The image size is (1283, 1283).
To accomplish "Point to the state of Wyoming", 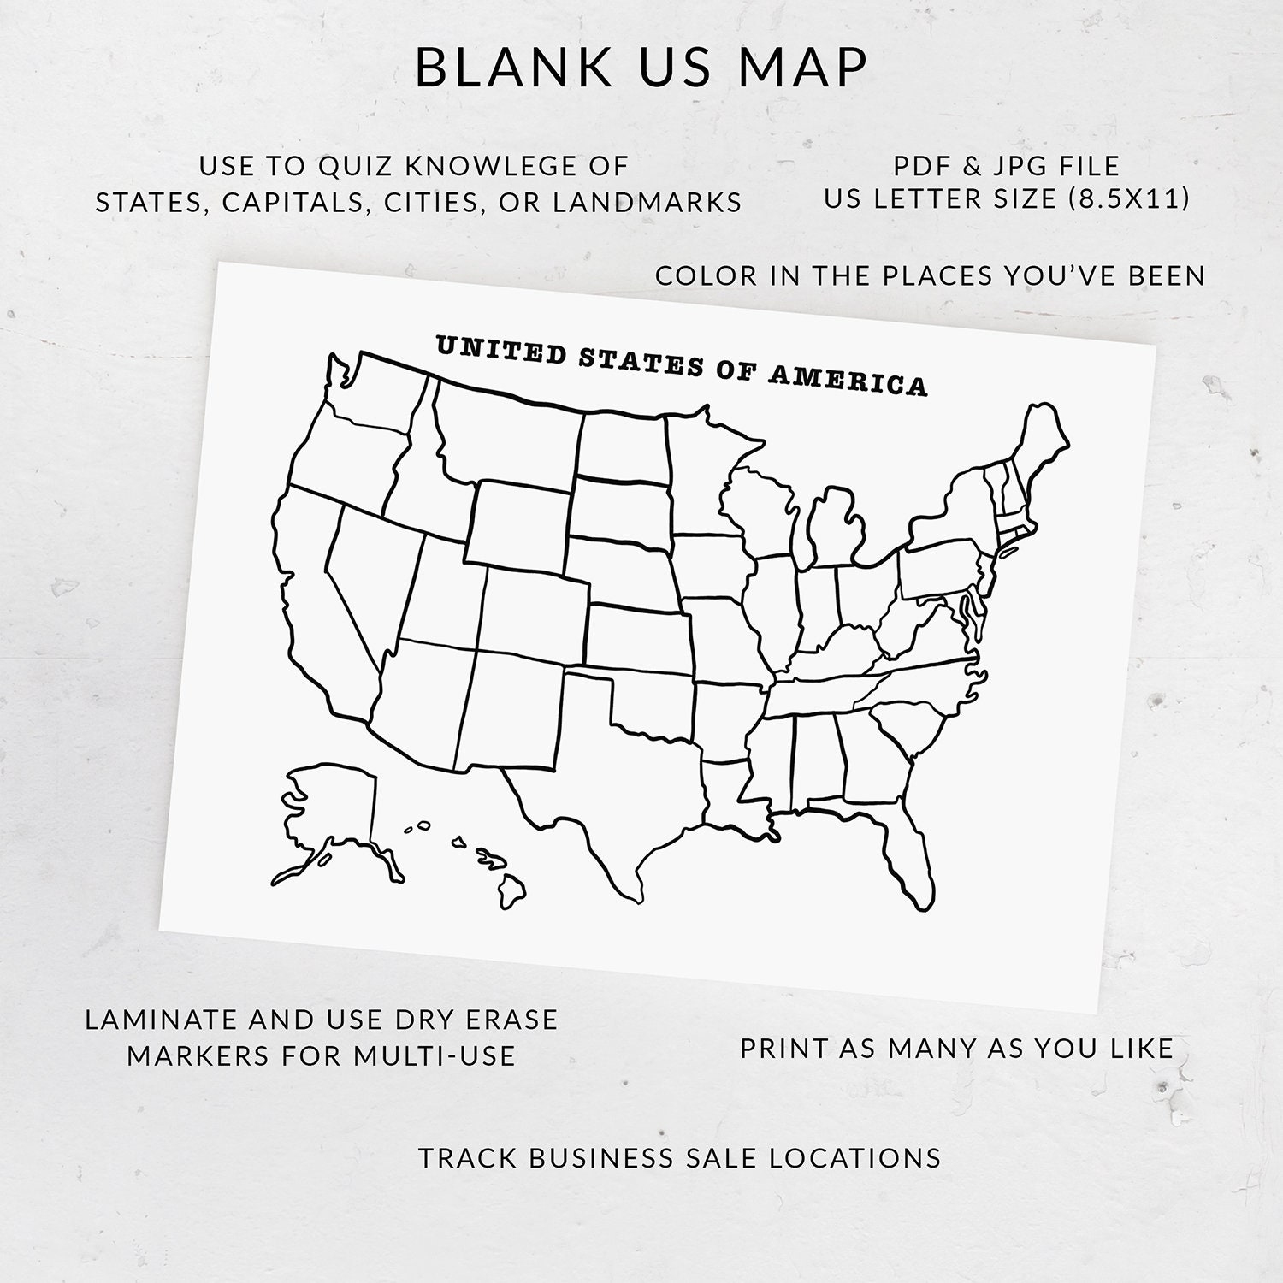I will (518, 526).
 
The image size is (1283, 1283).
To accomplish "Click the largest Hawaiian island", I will (511, 892).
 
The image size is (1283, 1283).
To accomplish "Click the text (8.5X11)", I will (1129, 198).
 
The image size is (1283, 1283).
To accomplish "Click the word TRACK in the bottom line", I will (468, 1157).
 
